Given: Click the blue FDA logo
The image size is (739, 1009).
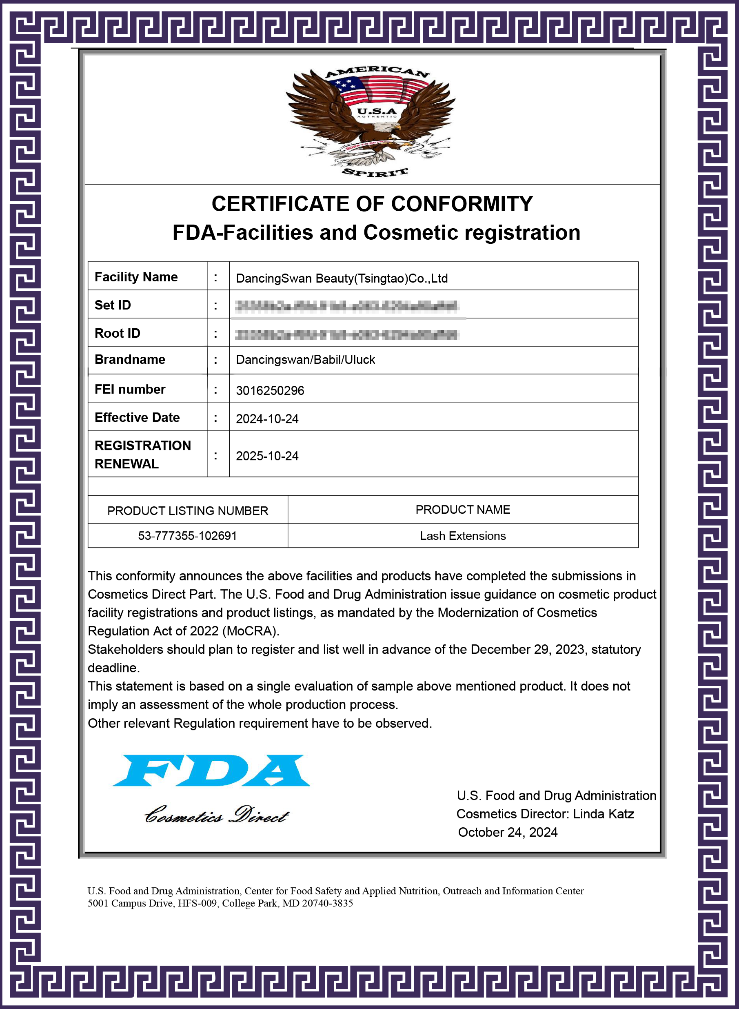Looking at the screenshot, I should click(x=211, y=771).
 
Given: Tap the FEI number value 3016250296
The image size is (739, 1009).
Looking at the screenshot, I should click(x=270, y=390).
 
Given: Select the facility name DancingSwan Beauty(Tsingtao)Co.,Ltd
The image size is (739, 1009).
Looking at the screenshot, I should click(x=342, y=278).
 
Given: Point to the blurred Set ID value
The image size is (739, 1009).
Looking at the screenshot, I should click(x=347, y=306).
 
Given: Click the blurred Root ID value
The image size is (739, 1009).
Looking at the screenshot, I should click(x=347, y=334).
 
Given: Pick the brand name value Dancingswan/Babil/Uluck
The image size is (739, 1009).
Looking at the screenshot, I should click(x=305, y=360).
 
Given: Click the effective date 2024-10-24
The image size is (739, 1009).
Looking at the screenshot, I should click(x=267, y=419).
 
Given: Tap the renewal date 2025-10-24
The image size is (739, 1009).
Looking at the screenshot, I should click(x=267, y=456).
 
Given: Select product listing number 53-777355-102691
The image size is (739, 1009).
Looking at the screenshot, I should click(x=187, y=536).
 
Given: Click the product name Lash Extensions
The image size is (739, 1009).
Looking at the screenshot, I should click(x=463, y=536).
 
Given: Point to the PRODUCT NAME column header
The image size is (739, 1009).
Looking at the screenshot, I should click(x=463, y=510).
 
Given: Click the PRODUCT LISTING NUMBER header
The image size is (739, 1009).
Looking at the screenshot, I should click(x=187, y=511).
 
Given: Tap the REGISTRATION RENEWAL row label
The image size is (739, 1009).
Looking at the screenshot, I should click(x=142, y=454).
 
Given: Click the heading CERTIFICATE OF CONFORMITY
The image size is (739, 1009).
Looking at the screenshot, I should click(x=372, y=204).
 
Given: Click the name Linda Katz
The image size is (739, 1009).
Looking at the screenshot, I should click(x=604, y=814).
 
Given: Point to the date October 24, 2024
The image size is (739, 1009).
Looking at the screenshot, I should click(x=508, y=832).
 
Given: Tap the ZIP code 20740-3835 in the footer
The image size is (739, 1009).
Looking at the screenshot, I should click(x=327, y=903).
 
